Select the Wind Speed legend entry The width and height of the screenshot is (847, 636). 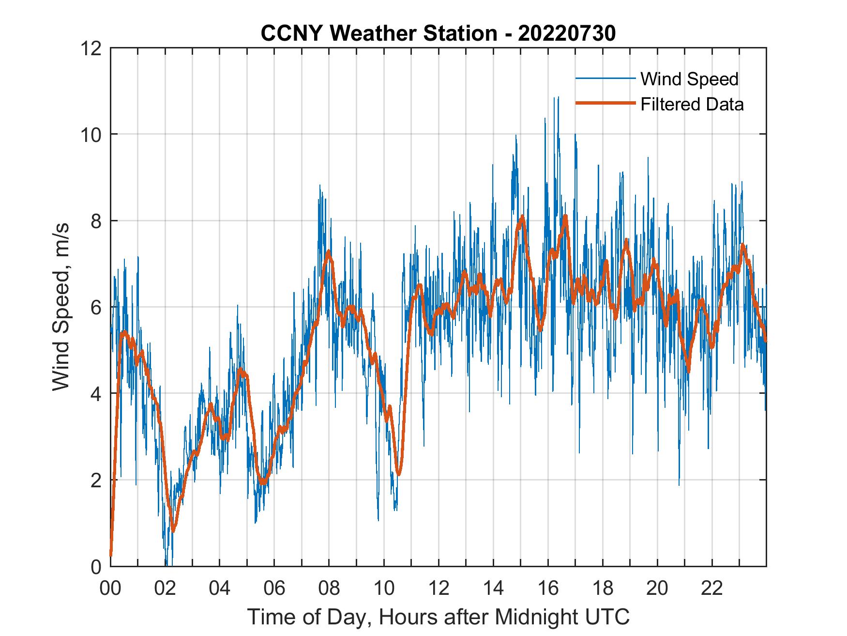[x=689, y=79]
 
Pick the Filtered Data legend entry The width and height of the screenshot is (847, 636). [x=692, y=104]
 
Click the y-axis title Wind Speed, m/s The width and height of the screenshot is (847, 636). [x=61, y=307]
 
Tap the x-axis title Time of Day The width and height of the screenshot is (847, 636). [x=438, y=617]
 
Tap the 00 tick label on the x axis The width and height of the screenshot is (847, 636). [x=110, y=588]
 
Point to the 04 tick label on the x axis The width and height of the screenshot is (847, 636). [x=220, y=588]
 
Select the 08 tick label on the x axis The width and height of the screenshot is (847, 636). [x=329, y=588]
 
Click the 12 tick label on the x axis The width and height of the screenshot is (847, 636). [x=439, y=588]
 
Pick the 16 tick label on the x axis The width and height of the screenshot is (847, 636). [x=548, y=588]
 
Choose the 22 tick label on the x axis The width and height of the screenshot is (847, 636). [x=712, y=588]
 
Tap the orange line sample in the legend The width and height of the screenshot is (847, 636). [x=605, y=103]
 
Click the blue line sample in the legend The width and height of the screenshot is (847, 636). [x=605, y=78]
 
